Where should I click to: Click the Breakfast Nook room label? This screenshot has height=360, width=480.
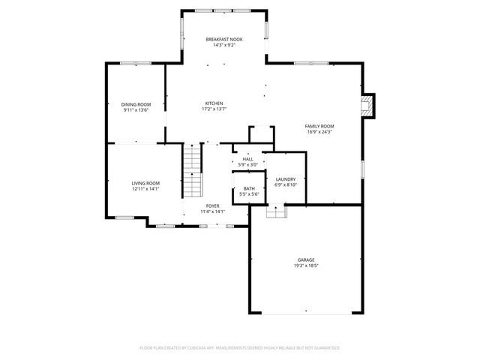point(224,39)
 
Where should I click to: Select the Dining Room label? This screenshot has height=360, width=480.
point(136,104)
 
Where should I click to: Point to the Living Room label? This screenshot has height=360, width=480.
point(145,183)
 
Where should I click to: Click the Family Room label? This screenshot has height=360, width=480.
point(319,126)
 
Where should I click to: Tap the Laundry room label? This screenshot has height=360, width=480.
point(285,179)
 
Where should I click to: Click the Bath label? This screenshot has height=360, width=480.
point(248,188)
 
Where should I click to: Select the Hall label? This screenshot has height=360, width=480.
point(247,159)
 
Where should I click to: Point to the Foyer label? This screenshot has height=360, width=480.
point(212,206)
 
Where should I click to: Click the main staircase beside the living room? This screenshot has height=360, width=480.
point(193,170)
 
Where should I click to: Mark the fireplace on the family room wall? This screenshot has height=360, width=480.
point(367,106)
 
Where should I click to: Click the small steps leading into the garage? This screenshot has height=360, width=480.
point(276,212)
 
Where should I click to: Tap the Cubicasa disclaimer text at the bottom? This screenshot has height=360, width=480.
point(240,348)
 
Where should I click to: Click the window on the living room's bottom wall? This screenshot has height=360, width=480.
point(124,217)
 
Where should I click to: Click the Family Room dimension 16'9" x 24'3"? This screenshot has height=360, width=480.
point(319,132)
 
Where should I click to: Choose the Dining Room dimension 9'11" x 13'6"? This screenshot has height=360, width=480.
point(136,110)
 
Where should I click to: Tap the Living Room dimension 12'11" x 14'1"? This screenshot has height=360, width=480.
point(145,189)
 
